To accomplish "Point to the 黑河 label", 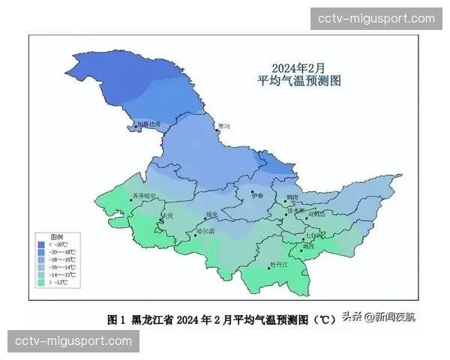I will (224, 126).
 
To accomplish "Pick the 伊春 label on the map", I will (259, 196).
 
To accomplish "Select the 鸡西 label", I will (309, 246).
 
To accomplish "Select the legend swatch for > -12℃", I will (42, 283).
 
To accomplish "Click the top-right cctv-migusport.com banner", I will (376, 18).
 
